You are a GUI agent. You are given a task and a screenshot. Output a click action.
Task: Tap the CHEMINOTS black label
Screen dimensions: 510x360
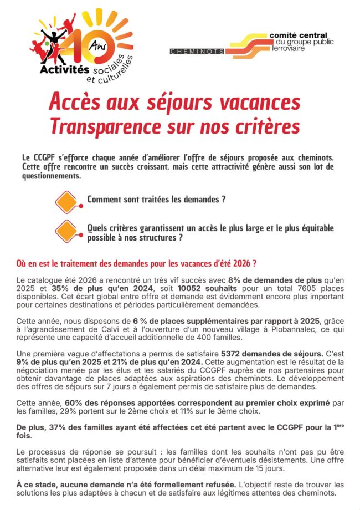coord(197,51)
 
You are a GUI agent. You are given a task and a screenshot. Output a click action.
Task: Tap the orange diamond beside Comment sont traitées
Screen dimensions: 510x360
coord(66,201)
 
